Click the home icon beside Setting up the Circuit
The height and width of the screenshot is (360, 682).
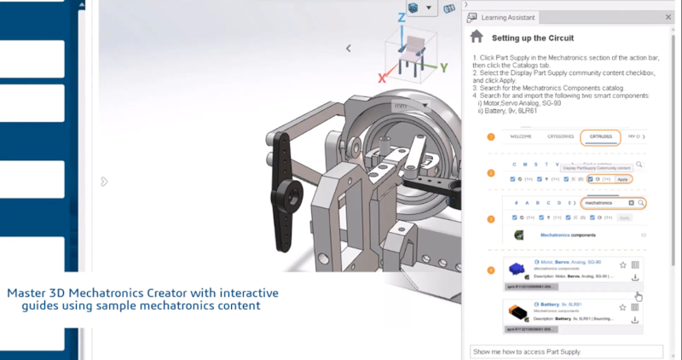[477, 37]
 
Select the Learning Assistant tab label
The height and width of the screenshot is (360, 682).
[509, 16]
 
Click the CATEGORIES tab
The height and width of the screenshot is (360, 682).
[560, 136]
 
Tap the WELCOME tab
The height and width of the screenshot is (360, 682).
[521, 136]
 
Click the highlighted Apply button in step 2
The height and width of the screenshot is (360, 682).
[622, 179]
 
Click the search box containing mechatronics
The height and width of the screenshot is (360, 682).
[605, 203]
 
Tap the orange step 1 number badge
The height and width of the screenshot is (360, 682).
[491, 136]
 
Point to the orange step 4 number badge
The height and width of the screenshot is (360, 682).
[491, 270]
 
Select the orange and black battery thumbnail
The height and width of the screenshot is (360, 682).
[517, 313]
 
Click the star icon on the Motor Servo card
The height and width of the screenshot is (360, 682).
[622, 264]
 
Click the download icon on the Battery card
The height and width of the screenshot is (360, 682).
[635, 320]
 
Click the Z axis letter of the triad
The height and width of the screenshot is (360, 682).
[402, 17]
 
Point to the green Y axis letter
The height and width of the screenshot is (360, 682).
[443, 67]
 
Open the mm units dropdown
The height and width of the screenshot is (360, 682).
[410, 106]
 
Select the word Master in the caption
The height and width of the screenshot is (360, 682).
[26, 293]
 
